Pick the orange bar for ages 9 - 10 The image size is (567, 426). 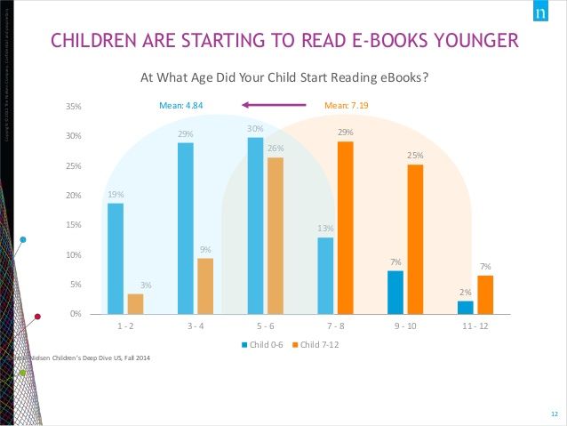(x=416, y=239)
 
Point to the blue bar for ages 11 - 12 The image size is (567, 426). (x=465, y=308)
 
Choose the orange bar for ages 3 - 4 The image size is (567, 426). (x=204, y=285)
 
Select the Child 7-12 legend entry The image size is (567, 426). (x=320, y=344)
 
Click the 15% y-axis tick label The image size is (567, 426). (x=74, y=226)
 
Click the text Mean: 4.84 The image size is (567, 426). (x=182, y=106)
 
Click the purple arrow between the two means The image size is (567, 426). (x=273, y=106)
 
